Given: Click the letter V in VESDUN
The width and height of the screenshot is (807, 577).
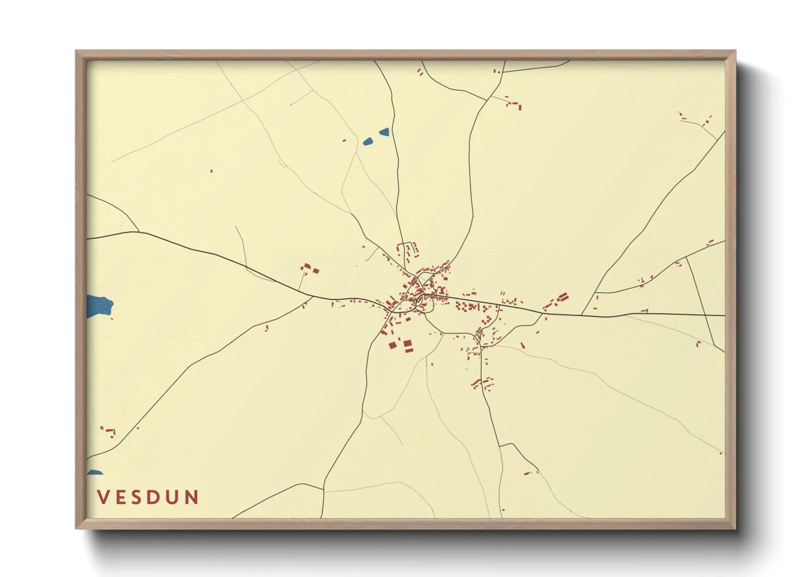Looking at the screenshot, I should point(103,497).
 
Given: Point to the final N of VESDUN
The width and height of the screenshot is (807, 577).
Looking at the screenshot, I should point(191,497).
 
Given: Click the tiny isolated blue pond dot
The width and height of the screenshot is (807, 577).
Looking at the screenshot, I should point(212,171).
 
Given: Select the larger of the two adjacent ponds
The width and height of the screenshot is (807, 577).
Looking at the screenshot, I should point(368,142).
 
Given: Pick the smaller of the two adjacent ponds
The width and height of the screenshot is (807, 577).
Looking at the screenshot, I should point(384,131).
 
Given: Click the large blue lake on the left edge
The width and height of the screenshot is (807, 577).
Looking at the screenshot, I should point(98,305).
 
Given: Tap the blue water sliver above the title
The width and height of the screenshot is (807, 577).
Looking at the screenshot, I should point(95,472).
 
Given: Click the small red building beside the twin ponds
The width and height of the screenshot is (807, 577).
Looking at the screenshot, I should point(344,141).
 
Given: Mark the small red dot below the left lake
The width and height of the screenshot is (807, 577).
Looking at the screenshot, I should point(112,318).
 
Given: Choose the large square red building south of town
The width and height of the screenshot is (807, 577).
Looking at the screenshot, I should point(407,345).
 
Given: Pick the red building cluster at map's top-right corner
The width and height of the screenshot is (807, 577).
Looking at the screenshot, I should point(695,118).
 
